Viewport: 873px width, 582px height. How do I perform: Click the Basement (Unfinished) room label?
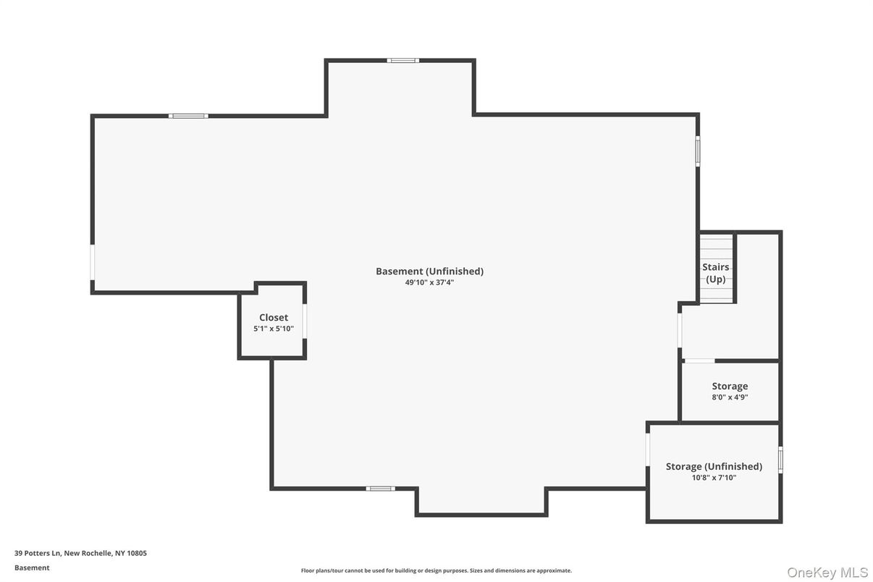[x=429, y=271]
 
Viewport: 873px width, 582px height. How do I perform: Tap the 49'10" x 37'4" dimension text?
[x=429, y=283]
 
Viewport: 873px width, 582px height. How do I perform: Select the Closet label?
[x=274, y=318]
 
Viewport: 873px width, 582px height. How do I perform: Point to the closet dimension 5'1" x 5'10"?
[x=274, y=329]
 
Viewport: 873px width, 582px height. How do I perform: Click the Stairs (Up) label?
[x=716, y=273]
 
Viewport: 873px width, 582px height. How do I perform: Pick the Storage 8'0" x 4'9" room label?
[x=730, y=387]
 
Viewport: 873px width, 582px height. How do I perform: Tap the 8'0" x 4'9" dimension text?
[x=730, y=397]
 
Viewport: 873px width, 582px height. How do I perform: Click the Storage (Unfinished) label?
[x=714, y=467]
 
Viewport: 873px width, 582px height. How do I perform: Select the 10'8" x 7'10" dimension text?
[x=714, y=478]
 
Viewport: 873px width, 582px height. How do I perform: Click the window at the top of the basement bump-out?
[x=402, y=61]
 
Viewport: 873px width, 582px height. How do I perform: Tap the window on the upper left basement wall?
[x=188, y=116]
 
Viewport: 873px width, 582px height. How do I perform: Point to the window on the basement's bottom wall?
[x=380, y=489]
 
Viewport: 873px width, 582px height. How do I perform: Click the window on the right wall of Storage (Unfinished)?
[x=780, y=460]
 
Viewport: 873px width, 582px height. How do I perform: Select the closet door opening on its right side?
[x=305, y=321]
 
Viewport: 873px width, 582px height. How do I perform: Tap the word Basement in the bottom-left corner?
[x=32, y=568]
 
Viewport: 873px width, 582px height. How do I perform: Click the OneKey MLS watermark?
[x=827, y=573]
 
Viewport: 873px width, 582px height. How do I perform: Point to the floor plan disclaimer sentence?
[x=436, y=570]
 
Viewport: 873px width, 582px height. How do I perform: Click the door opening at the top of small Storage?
[x=699, y=360]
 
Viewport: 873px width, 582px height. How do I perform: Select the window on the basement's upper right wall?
[x=698, y=151]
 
